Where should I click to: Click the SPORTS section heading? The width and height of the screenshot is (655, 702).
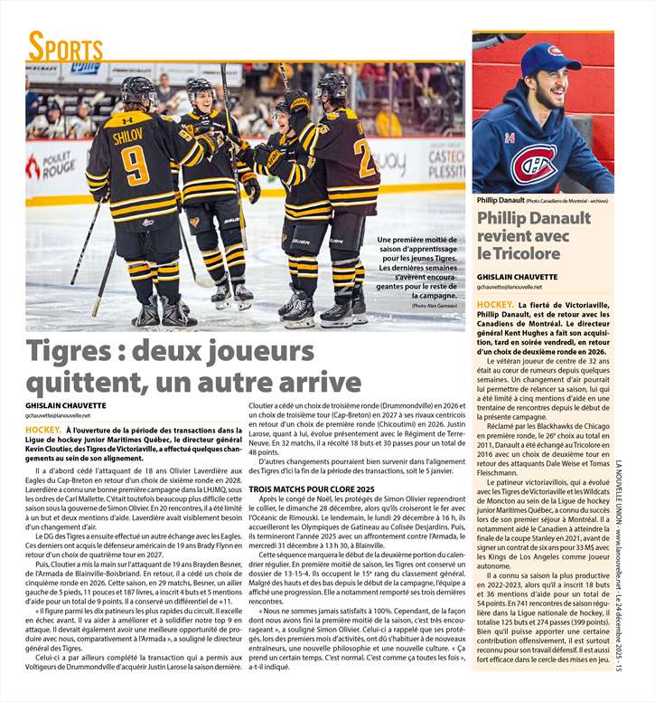click(65, 46)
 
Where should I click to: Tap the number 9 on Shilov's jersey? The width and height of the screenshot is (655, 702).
click(135, 166)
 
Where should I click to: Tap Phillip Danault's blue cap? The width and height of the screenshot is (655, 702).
click(551, 57)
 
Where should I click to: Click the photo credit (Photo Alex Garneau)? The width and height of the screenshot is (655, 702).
click(434, 306)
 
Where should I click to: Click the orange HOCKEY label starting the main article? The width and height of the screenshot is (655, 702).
click(43, 430)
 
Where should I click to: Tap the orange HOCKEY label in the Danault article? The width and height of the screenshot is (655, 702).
click(495, 305)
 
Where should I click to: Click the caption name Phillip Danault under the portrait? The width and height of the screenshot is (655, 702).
click(500, 200)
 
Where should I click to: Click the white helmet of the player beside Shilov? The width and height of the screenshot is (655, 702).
click(199, 87)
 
